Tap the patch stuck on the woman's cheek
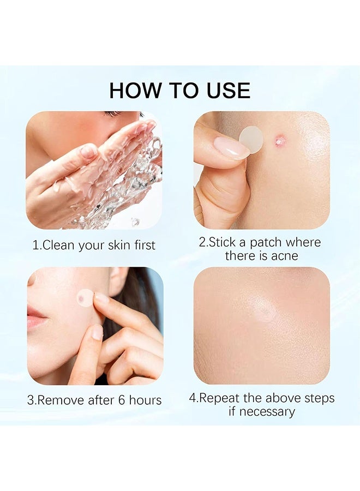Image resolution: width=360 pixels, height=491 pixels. coord(85,297)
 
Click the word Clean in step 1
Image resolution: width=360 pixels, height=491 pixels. coord(59,245)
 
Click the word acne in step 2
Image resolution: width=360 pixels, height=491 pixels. coord(285,255)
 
